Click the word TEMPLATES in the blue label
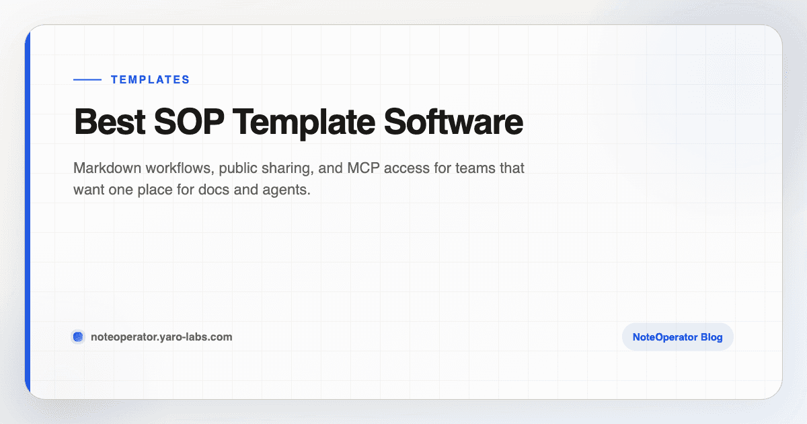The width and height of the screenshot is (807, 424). [150, 79]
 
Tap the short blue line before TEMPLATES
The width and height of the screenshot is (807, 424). [87, 79]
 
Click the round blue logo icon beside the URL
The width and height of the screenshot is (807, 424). [78, 337]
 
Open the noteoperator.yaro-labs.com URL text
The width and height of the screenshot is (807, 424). [161, 337]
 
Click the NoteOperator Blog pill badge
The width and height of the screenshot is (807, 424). [677, 337]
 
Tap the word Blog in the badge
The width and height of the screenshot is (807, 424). [709, 337]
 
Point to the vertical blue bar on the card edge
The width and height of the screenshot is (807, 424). [28, 212]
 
